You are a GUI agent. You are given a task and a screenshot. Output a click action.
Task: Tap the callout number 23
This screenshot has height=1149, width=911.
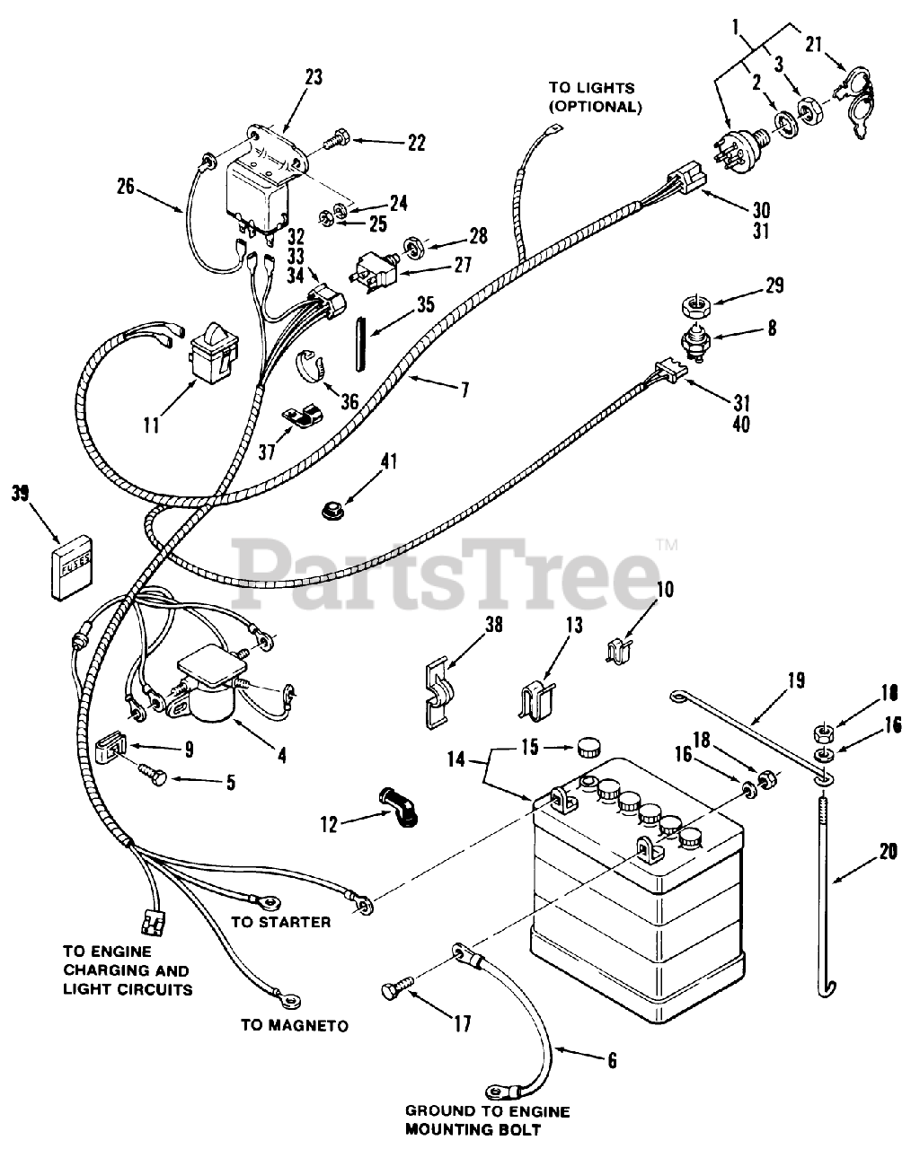pyautogui.click(x=312, y=77)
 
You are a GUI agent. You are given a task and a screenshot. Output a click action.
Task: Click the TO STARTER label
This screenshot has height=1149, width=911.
pyautogui.click(x=280, y=922)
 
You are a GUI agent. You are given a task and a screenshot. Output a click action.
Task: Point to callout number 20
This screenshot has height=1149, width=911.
pyautogui.click(x=889, y=854)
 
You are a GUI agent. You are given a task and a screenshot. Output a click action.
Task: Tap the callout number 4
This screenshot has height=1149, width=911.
pyautogui.click(x=282, y=755)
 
